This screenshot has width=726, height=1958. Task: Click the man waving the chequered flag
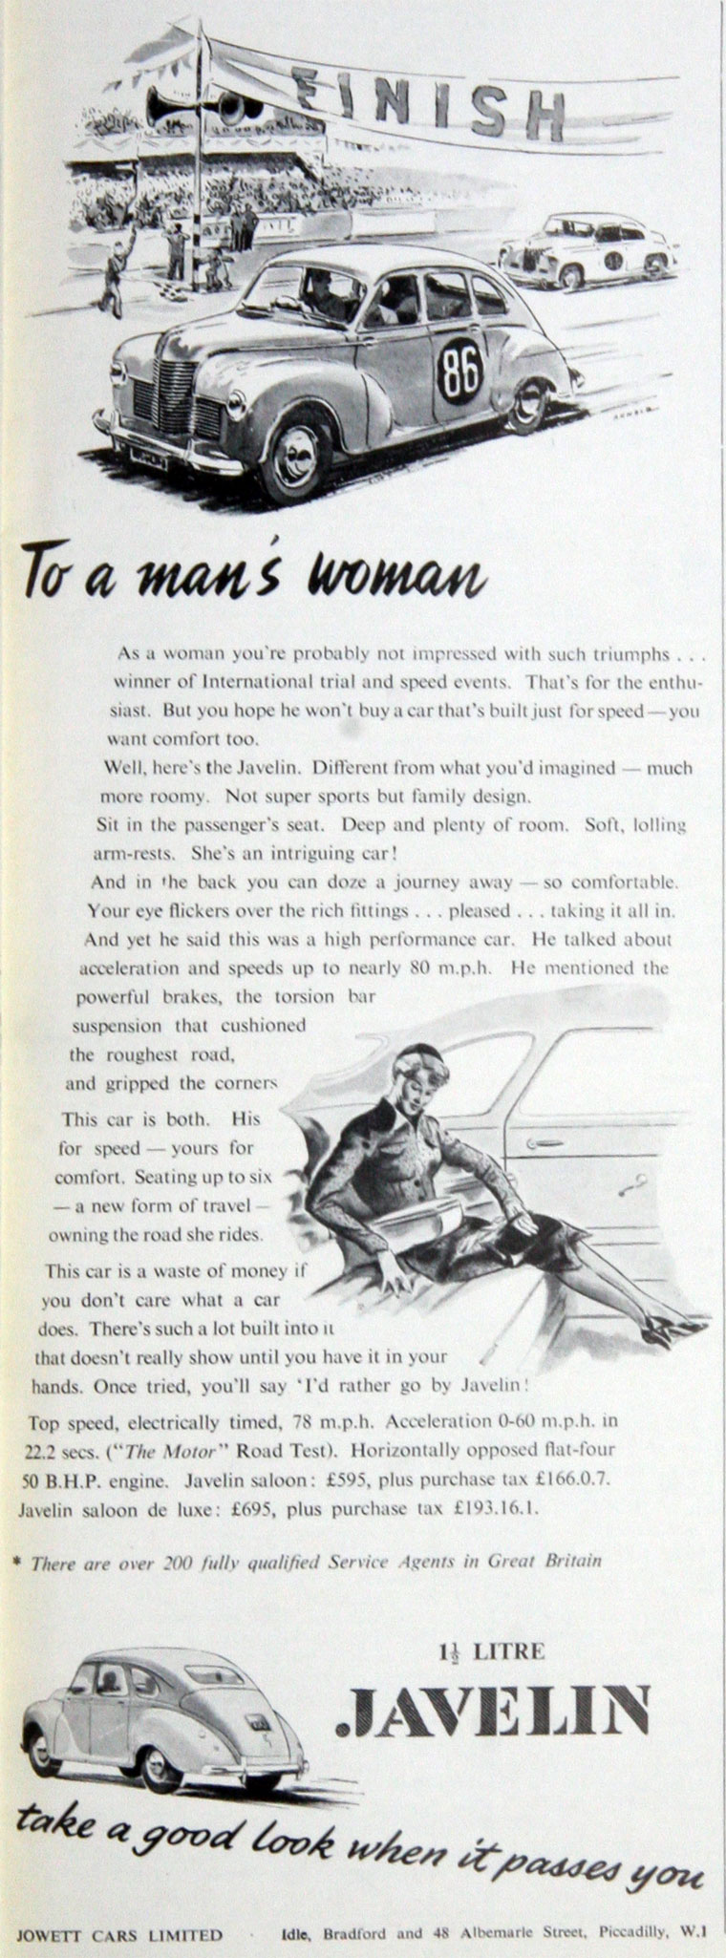tap(113, 277)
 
